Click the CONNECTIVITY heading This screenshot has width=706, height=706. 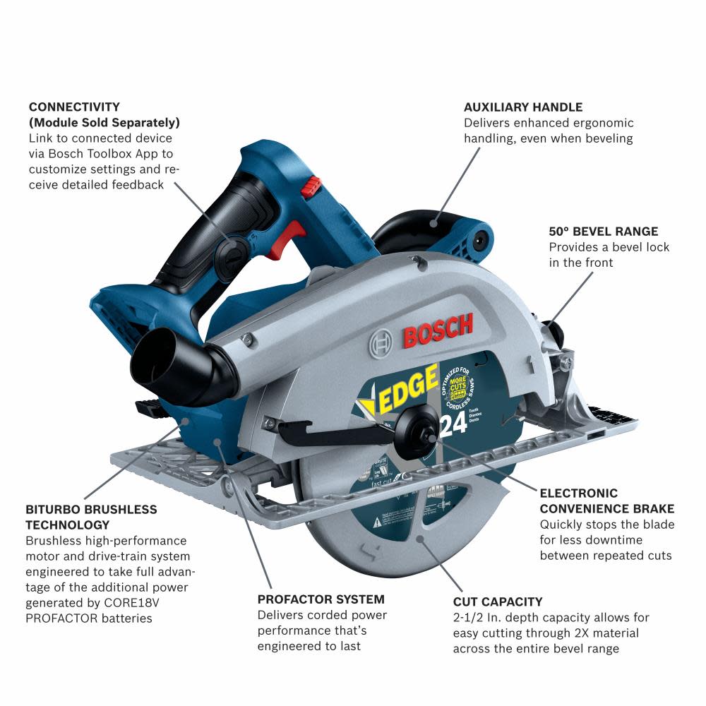point(74,107)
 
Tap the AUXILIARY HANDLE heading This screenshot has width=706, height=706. point(522,107)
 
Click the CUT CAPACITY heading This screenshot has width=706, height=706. point(498,602)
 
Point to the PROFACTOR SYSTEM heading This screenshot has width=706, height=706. point(321,599)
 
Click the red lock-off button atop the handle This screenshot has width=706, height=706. point(311,187)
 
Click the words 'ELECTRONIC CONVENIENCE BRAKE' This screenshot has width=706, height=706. point(606,501)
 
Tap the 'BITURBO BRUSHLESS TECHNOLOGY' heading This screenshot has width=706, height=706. point(91,517)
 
